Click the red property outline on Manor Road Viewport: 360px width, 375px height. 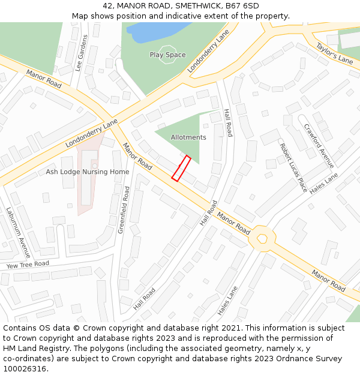pyautogui.click(x=181, y=168)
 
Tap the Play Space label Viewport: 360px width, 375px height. pyautogui.click(x=167, y=55)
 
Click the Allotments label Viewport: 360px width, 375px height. pyautogui.click(x=188, y=137)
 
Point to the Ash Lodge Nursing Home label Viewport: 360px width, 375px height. pyautogui.click(x=88, y=172)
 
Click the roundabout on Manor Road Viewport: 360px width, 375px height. pyautogui.click(x=262, y=239)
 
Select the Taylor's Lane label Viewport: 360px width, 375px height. pyautogui.click(x=334, y=53)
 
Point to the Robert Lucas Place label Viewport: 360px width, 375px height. pyautogui.click(x=293, y=167)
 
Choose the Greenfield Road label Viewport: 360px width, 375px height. pyautogui.click(x=124, y=209)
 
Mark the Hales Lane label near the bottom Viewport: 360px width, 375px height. pyautogui.click(x=228, y=301)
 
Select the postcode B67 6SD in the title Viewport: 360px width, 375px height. pyautogui.click(x=242, y=6)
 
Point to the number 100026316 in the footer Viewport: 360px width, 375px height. pyautogui.click(x=25, y=369)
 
